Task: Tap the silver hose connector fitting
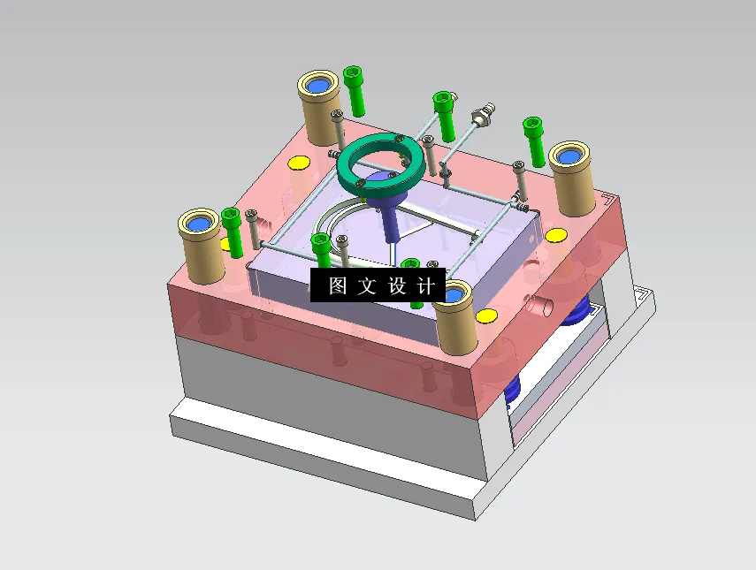(483, 114)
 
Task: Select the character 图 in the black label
(338, 285)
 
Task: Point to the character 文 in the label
(367, 285)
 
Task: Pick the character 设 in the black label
(396, 285)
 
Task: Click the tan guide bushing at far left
(202, 244)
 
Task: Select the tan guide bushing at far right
(572, 176)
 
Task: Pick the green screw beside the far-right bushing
(533, 139)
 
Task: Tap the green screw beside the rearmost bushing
(355, 89)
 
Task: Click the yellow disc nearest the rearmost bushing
(298, 163)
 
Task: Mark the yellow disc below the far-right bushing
(556, 235)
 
